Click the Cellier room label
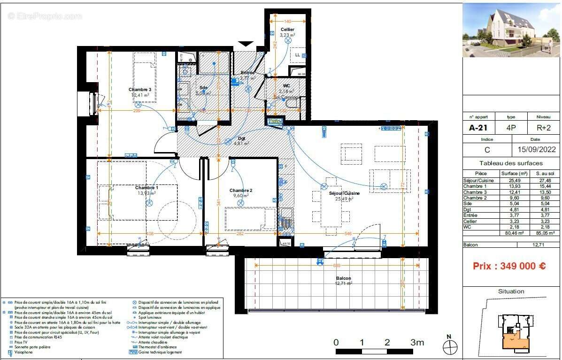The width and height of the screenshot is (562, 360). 287,30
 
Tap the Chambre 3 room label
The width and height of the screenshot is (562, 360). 140,89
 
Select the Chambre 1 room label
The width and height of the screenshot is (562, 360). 146,188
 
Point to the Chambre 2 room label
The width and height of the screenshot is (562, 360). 241,190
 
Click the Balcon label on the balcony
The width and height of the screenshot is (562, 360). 343,278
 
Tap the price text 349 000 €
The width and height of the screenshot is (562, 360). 509,266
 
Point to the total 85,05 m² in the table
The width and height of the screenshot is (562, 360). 545,232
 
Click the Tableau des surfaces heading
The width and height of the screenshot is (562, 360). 511,163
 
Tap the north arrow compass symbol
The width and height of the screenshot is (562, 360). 450,346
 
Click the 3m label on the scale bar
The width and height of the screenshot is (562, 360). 417,342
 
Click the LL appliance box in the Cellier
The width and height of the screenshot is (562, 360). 298,54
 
